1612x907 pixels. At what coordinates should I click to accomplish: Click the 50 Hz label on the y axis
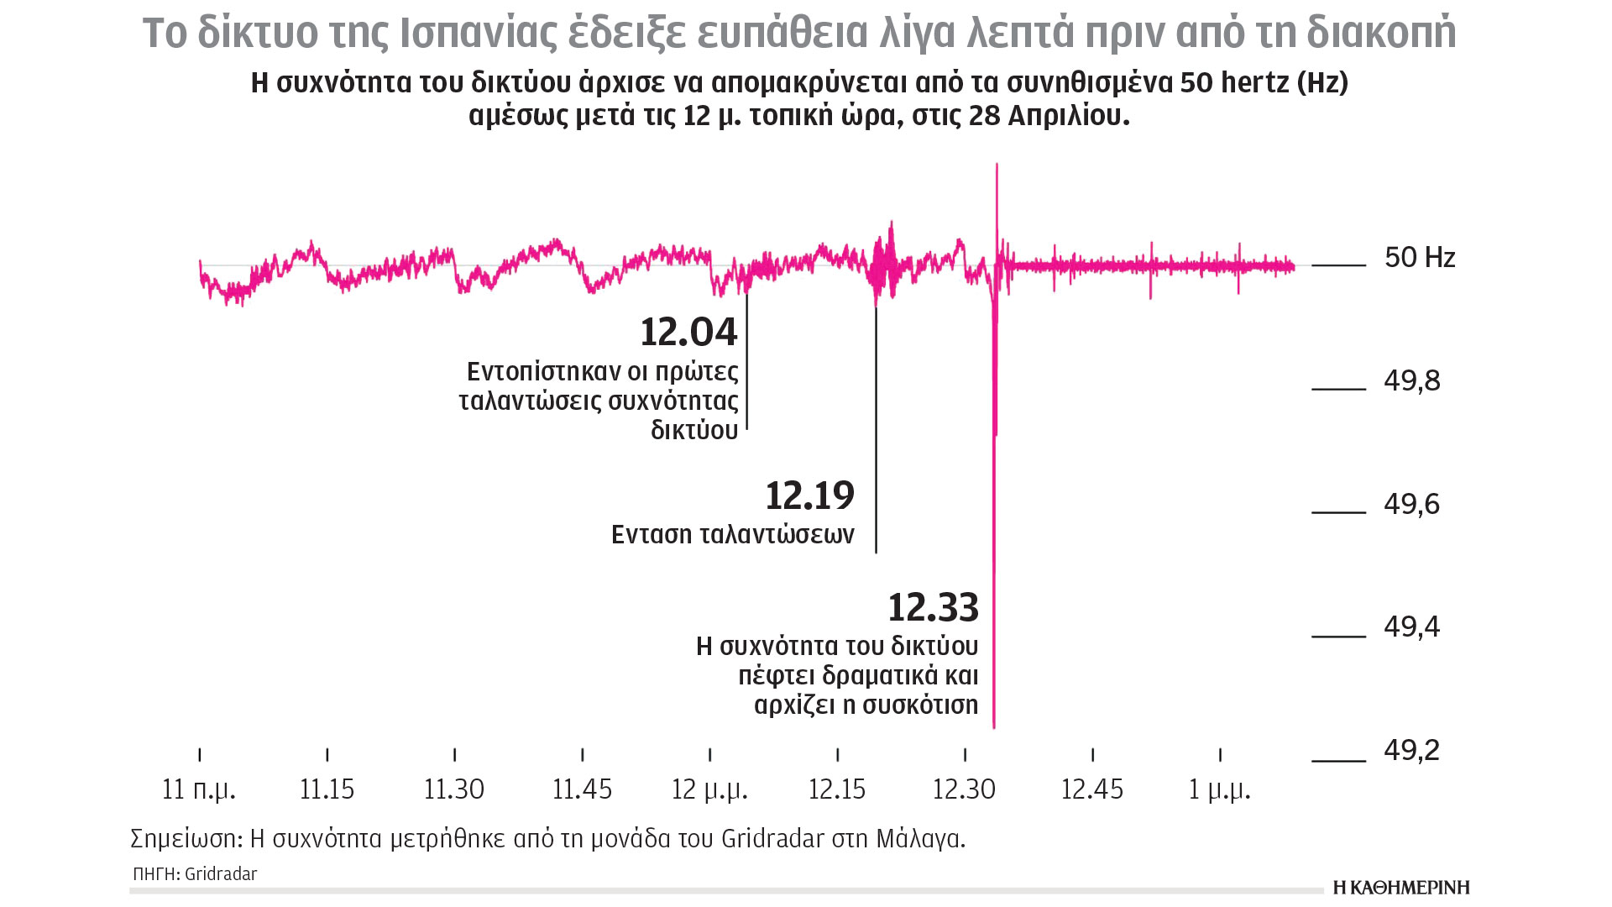tap(1419, 257)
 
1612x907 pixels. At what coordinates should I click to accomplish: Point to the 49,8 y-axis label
tap(1411, 381)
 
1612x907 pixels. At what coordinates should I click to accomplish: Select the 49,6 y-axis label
tap(1411, 504)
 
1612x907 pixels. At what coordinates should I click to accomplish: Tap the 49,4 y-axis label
tap(1411, 627)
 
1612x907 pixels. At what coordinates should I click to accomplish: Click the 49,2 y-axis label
tap(1411, 750)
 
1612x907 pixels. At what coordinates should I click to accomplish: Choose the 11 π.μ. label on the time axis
tap(199, 789)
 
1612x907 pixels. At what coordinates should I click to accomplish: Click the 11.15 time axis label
tap(327, 789)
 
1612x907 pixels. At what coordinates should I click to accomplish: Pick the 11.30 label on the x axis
tap(454, 789)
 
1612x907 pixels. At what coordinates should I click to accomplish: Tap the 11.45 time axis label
tap(582, 789)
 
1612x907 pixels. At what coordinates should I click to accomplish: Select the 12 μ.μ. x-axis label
tap(709, 789)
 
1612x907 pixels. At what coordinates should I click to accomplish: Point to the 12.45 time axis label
tap(1091, 789)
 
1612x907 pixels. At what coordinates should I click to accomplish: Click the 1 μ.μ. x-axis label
tap(1219, 789)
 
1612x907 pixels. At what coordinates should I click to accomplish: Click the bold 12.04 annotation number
tap(688, 333)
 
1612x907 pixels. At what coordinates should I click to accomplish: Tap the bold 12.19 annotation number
tap(809, 496)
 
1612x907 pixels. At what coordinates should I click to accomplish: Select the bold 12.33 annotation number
tap(933, 608)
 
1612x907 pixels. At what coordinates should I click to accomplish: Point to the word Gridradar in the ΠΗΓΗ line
tap(221, 874)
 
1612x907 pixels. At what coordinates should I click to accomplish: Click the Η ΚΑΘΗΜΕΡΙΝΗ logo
tap(1401, 888)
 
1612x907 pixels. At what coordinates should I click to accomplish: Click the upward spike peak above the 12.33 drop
tap(997, 165)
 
